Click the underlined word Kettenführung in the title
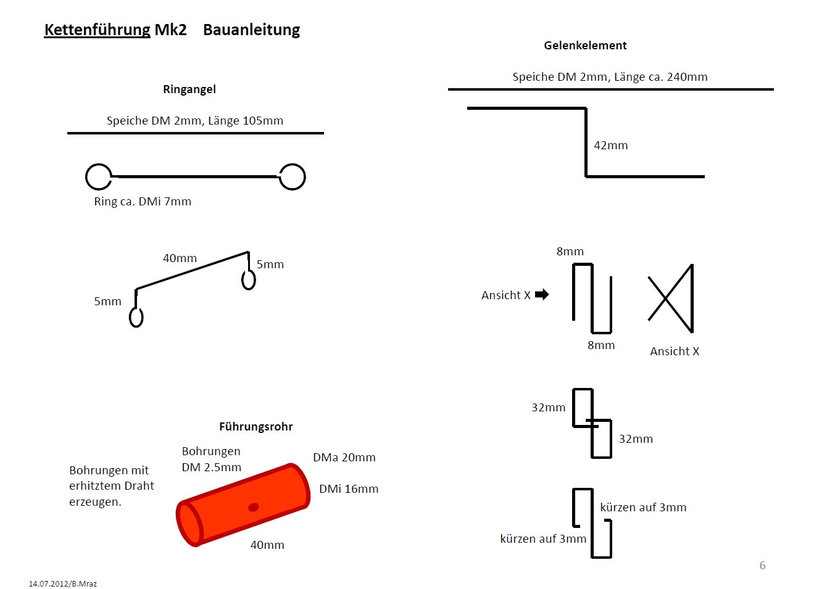click(x=98, y=30)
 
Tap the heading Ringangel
click(x=189, y=89)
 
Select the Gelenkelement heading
click(x=585, y=46)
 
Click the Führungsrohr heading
click(x=255, y=427)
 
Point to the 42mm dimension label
click(x=610, y=146)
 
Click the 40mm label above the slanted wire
click(x=180, y=258)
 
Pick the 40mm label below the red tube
click(x=267, y=545)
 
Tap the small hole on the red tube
click(x=254, y=507)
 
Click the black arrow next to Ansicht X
click(x=542, y=294)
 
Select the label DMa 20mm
click(x=344, y=458)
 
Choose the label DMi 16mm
click(x=349, y=489)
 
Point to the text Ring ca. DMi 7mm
click(x=143, y=202)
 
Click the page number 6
click(x=762, y=565)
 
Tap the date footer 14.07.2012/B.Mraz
click(x=62, y=584)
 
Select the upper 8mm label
click(x=570, y=252)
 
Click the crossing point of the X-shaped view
click(x=666, y=299)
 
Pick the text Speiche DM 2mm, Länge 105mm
click(x=195, y=121)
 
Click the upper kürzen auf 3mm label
click(x=643, y=508)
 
